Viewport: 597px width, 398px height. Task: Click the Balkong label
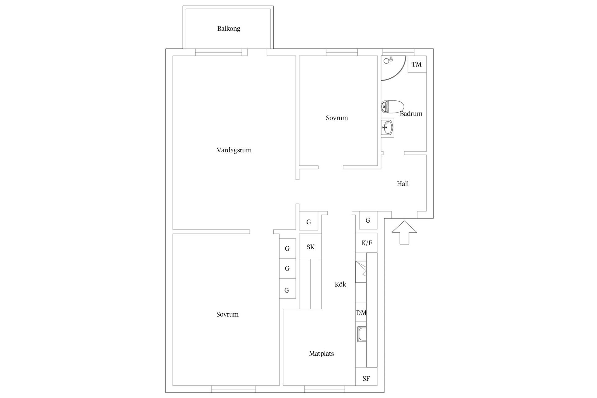pos(229,29)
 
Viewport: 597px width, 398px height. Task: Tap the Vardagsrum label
pos(234,150)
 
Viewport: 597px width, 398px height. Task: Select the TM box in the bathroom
pos(416,64)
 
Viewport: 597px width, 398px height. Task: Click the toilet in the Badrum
pos(392,107)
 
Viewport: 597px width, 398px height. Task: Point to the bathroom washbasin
pos(387,127)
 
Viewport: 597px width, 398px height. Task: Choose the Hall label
pos(403,184)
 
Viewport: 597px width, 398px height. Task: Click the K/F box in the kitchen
pos(367,243)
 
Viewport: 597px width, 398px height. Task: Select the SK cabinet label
pos(310,247)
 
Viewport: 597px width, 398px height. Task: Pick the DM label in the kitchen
pos(361,313)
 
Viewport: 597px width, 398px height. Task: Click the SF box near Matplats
pos(366,378)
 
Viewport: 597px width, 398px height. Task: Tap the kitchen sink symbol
pos(362,334)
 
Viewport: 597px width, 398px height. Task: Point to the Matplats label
pos(321,354)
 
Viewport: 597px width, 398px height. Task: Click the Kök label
pos(340,284)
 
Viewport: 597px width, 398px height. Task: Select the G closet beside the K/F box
pos(368,220)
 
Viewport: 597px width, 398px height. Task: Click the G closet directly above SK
pos(308,222)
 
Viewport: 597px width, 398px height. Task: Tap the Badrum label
pos(411,114)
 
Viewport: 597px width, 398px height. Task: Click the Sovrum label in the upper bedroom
pos(337,118)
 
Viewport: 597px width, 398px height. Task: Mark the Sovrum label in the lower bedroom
pos(227,314)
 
